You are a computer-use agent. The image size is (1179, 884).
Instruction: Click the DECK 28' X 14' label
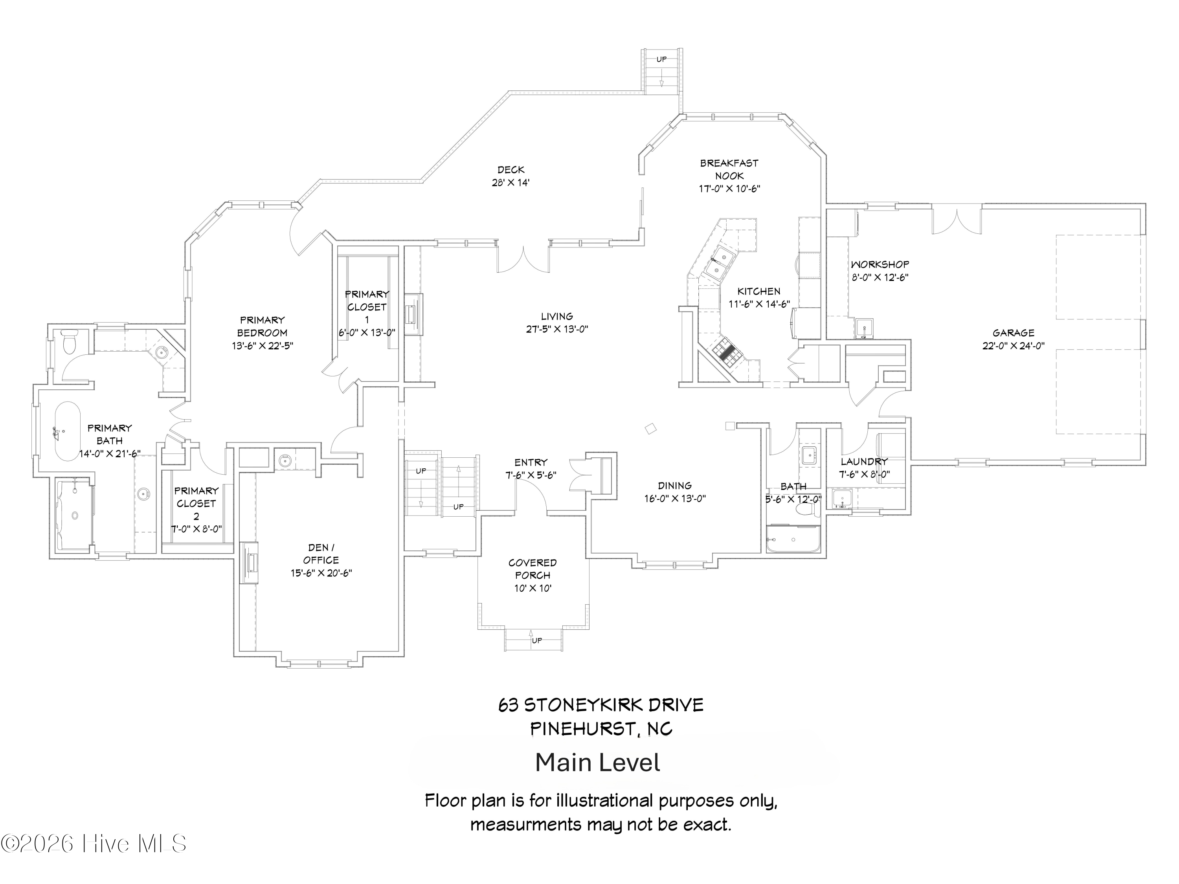(510, 176)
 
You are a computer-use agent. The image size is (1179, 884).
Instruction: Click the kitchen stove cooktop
(724, 351)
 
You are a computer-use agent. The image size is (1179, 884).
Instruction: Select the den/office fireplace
(250, 563)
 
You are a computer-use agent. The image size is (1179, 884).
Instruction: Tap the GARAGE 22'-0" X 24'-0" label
(1013, 339)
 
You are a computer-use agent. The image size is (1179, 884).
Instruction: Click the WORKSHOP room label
(880, 265)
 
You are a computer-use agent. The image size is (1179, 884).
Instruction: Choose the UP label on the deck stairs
(661, 59)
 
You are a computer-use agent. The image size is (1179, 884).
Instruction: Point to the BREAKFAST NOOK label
(729, 169)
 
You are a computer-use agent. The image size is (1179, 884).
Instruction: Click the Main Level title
(597, 763)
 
